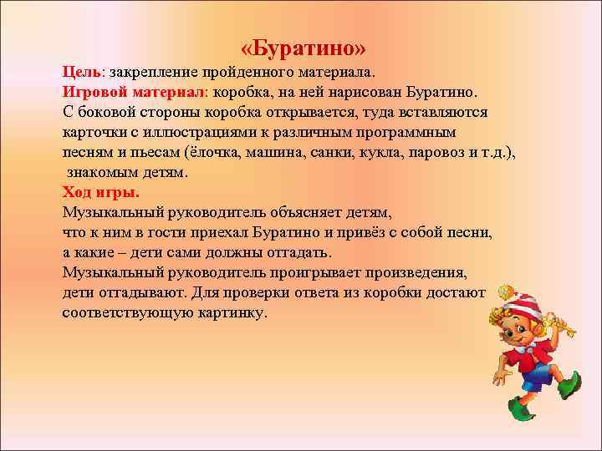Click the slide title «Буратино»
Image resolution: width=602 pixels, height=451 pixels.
click(302, 46)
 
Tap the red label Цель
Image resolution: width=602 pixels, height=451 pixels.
click(79, 72)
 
